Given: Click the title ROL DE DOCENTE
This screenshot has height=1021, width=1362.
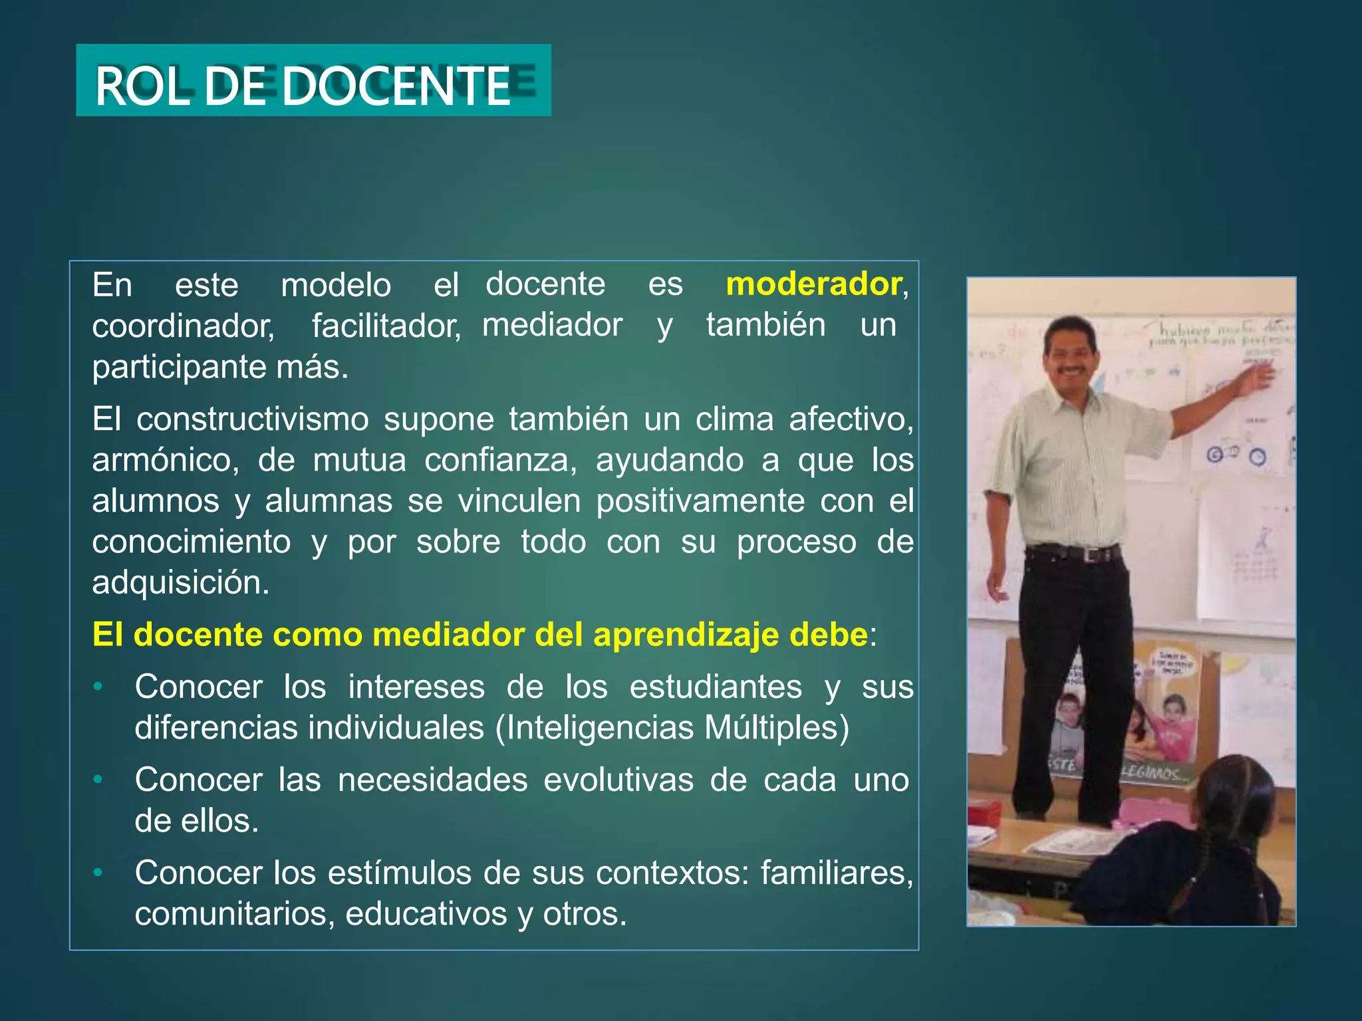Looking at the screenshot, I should click(303, 86).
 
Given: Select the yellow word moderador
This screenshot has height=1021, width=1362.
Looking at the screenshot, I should click(813, 284).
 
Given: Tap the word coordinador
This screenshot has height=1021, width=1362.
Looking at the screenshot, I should click(183, 326).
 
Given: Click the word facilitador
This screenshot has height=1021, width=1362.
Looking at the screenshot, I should click(386, 326).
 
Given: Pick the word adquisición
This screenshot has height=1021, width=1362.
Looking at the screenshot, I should click(180, 583).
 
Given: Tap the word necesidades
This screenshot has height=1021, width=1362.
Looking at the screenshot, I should click(432, 780).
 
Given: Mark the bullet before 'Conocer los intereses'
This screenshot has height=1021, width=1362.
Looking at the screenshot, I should click(98, 687).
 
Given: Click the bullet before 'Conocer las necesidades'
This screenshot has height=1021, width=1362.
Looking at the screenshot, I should click(98, 779).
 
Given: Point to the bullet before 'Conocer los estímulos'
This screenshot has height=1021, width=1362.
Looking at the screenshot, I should click(98, 872).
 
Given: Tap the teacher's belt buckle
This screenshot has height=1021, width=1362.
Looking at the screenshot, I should click(1091, 554).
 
